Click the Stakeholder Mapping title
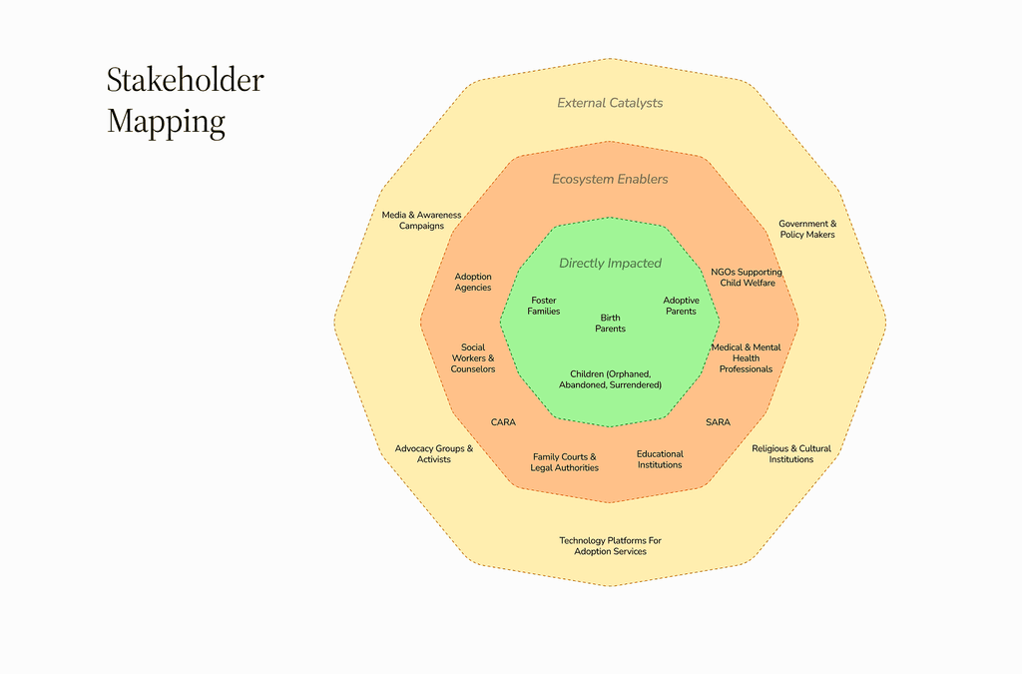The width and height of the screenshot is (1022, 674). (186, 100)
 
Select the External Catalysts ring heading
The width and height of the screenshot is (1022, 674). (610, 103)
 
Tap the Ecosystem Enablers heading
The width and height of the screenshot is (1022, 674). (610, 180)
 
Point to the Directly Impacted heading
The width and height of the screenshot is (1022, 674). (610, 264)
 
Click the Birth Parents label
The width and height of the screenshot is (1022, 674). (610, 324)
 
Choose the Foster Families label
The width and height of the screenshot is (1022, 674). (544, 306)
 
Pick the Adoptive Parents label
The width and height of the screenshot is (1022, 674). (681, 306)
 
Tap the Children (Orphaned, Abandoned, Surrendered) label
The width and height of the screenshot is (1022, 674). (610, 379)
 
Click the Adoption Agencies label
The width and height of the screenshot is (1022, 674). (473, 283)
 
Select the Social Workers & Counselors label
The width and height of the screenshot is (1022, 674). (473, 358)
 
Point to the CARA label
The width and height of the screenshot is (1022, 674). (503, 422)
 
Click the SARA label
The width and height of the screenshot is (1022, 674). (718, 422)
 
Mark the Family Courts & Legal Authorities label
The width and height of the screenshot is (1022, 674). (565, 462)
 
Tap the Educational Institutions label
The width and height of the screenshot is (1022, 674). (660, 459)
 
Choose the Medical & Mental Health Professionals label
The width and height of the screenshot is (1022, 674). (746, 358)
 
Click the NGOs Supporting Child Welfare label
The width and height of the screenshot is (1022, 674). (747, 278)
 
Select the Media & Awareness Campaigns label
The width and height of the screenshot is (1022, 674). (421, 221)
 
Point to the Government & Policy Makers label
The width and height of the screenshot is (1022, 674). (807, 230)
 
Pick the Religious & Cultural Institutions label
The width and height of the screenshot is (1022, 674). (791, 454)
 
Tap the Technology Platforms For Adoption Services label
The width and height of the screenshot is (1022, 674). (610, 546)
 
